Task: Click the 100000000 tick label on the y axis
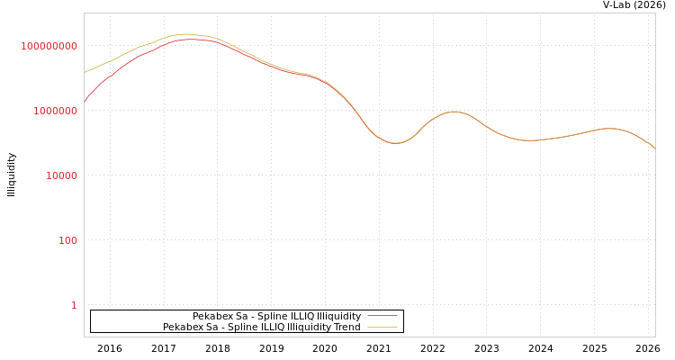[x=49, y=46]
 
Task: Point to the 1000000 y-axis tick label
[x=55, y=111]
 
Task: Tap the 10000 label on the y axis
[x=61, y=175]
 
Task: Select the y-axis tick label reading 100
[x=67, y=240]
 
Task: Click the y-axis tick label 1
[x=74, y=305]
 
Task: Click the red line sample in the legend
[x=382, y=316]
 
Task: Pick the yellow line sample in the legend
[x=382, y=327]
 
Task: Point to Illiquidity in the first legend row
[x=338, y=316]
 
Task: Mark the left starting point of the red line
[x=85, y=101]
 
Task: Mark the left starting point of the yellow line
[x=85, y=72]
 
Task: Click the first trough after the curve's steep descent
[x=395, y=143]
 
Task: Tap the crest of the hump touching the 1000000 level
[x=454, y=112]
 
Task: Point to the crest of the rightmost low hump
[x=609, y=129]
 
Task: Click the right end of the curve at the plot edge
[x=654, y=148]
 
